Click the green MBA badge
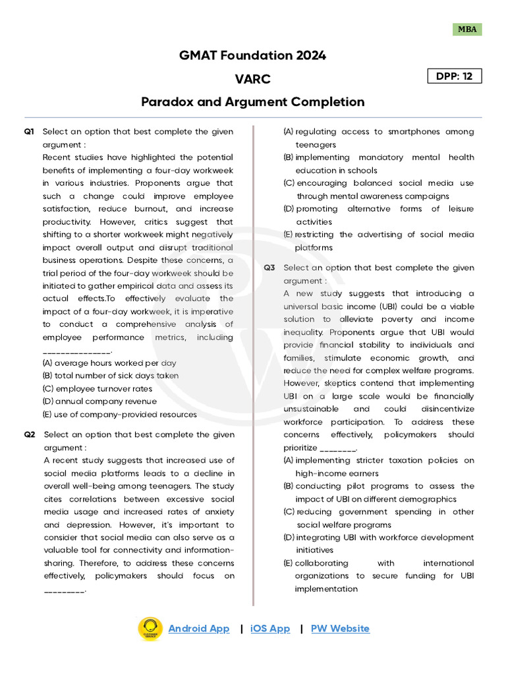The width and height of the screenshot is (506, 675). pos(467,29)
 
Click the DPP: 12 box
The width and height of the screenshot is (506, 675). pos(455,76)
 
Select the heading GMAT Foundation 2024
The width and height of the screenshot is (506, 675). pos(252,55)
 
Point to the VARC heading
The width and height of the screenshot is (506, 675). pos(252,79)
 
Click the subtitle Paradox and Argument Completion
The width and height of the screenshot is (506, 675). pos(252,102)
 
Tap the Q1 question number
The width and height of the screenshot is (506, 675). pos(29,132)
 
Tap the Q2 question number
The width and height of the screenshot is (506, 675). pos(29,435)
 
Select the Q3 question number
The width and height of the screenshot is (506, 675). pos(269,268)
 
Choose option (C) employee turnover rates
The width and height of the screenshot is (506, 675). pos(97,389)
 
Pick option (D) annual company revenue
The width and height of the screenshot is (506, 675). pos(99,401)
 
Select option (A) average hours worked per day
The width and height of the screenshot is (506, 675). pos(109,363)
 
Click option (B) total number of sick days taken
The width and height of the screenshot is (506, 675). pos(110,376)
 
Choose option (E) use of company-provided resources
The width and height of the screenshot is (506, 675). pos(119,415)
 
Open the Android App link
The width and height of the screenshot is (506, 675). pos(199,629)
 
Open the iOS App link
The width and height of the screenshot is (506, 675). pos(270,629)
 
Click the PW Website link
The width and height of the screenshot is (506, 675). pos(340,629)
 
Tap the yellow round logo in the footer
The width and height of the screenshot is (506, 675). pos(150,630)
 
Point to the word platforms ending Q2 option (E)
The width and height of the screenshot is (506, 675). pos(314,248)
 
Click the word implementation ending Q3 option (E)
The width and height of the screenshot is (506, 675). pos(326,589)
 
